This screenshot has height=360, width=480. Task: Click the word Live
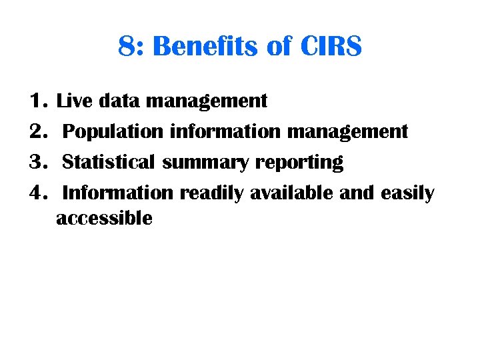[75, 101]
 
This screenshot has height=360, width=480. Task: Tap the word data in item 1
[119, 101]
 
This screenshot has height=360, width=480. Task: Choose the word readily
[212, 194]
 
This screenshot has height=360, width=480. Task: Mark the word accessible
[104, 218]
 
